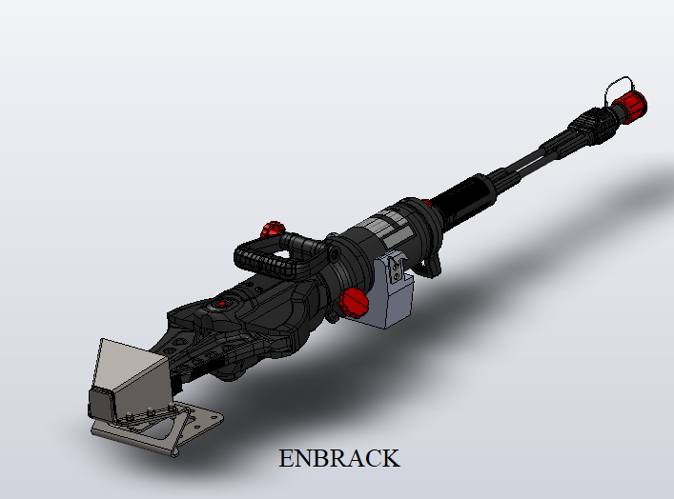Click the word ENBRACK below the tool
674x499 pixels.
coord(339,458)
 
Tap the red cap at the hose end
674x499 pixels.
coord(630,105)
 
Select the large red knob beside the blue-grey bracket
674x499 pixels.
coord(354,302)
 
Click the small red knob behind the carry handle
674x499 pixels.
coord(272,229)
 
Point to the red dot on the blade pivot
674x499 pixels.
coord(222,304)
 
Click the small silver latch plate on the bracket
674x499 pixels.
coord(396,269)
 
